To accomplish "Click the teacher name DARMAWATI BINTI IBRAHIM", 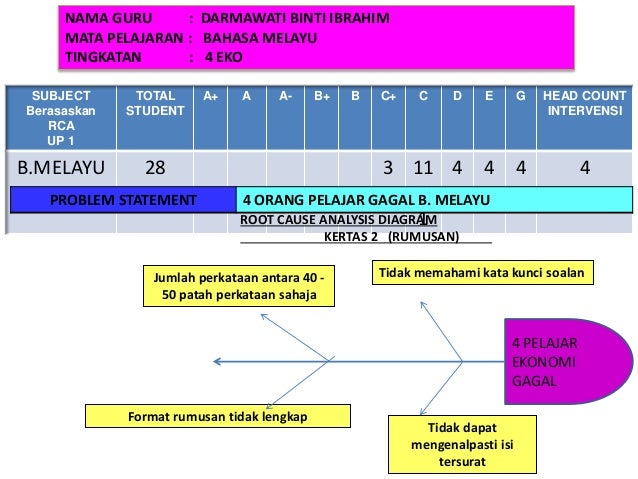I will coord(295,20).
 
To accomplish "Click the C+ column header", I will coord(388,96).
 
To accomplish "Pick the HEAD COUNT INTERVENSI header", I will coord(585,103).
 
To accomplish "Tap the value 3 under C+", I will coord(388,167).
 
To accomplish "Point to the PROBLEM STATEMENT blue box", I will coord(125,200).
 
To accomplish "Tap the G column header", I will coord(519,96).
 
